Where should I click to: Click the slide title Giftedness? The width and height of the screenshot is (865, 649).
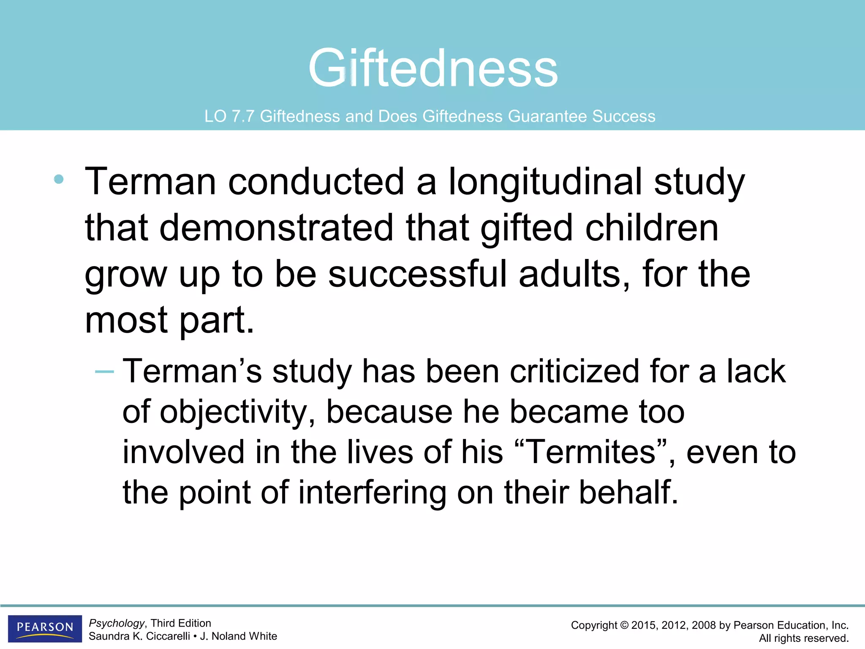433,68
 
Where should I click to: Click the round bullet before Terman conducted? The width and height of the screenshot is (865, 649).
59,180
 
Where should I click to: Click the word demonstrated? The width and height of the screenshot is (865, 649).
276,228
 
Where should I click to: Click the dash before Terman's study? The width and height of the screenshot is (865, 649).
104,372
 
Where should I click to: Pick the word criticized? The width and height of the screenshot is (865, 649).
574,371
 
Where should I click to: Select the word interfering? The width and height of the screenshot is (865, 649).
372,493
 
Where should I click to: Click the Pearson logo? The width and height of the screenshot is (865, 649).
45,628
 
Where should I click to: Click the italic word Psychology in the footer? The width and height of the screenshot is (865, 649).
117,623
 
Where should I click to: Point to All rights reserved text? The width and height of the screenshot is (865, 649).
803,638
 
